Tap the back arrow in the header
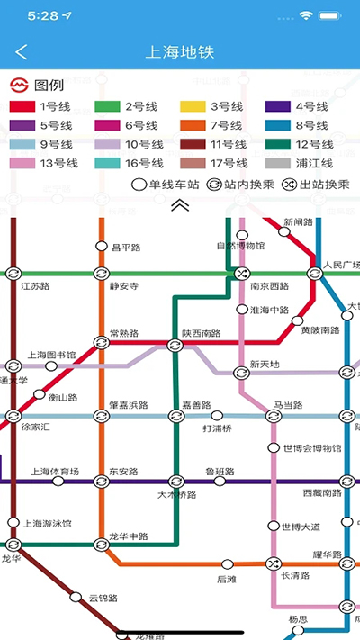(22, 52)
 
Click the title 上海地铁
(180, 52)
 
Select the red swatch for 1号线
(23, 107)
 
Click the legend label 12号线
(314, 144)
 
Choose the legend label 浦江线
(314, 163)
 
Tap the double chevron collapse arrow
(180, 205)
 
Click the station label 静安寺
(124, 287)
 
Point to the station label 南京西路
(270, 287)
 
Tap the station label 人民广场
(341, 266)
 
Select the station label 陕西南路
(201, 333)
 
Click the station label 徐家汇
(36, 427)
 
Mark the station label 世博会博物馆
(311, 448)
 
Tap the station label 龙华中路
(128, 536)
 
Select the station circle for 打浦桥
(217, 416)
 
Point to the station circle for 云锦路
(76, 596)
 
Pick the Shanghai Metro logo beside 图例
(19, 86)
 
